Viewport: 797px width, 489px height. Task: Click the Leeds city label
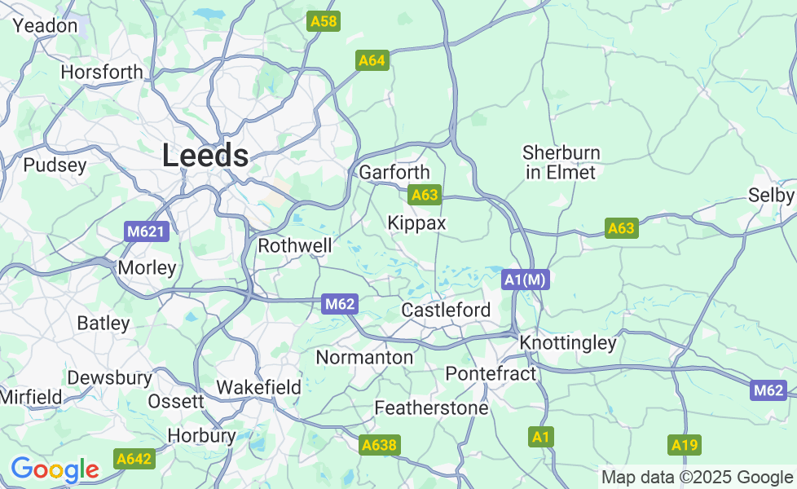tap(205, 156)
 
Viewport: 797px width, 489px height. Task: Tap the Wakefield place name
tap(258, 387)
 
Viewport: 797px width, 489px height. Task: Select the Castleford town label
tap(446, 311)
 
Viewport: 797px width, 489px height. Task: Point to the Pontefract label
tap(491, 374)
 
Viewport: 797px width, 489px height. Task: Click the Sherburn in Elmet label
tap(561, 162)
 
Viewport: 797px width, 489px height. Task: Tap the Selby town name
tap(771, 196)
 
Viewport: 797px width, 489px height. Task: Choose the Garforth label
tap(394, 173)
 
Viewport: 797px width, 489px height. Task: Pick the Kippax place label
tap(416, 223)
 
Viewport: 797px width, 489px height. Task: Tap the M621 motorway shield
tap(147, 232)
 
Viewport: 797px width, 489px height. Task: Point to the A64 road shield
tap(372, 60)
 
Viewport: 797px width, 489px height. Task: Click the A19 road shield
tap(685, 445)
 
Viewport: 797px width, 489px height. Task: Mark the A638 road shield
tap(379, 445)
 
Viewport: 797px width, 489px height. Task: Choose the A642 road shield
tap(134, 459)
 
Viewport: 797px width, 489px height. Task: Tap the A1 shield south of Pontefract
tap(540, 438)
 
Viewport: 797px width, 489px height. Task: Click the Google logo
tap(55, 470)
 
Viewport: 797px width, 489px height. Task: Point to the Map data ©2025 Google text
tap(697, 477)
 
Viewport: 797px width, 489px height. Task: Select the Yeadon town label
tap(45, 26)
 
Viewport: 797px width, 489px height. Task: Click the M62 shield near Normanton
tap(340, 304)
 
